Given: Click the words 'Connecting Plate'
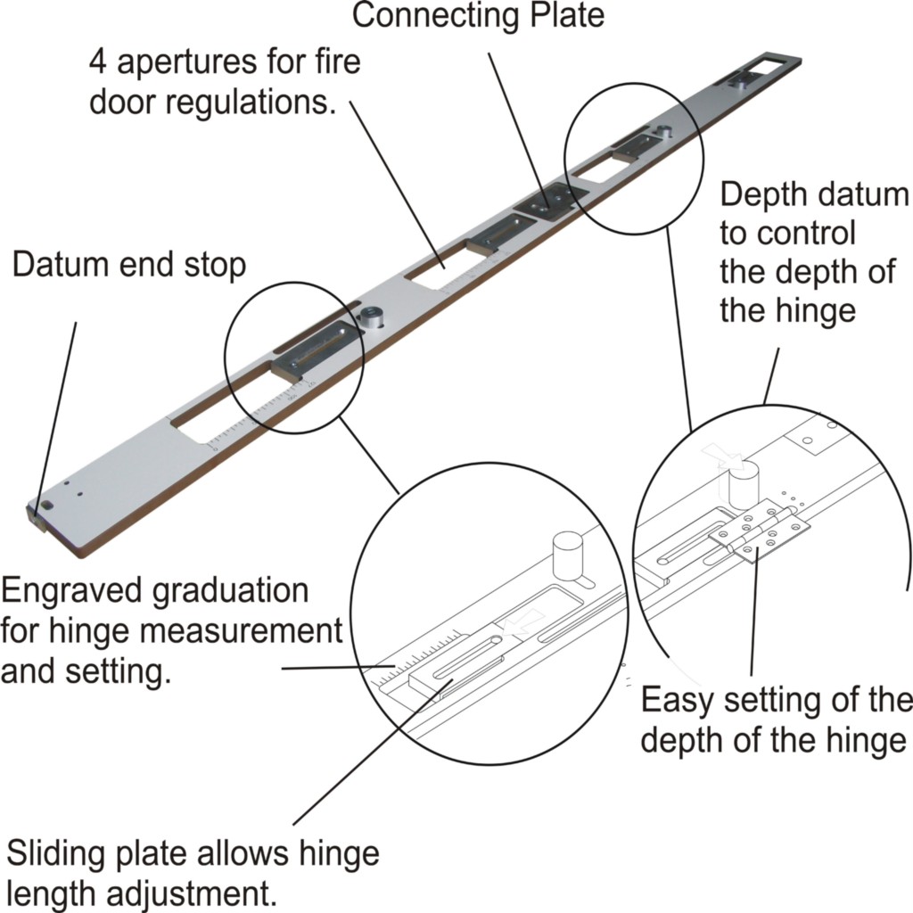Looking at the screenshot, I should tap(478, 15).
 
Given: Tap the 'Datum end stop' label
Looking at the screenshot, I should tap(129, 265).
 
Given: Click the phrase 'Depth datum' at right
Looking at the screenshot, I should tap(813, 193).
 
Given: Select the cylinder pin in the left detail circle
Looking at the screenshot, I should tap(567, 557).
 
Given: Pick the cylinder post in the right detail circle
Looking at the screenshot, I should tap(742, 482).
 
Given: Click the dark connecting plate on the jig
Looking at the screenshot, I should tap(548, 202).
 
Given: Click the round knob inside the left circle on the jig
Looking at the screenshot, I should tap(369, 316).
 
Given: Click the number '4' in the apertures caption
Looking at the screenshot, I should tap(99, 63).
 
